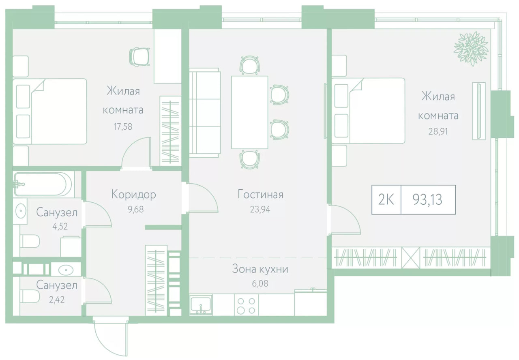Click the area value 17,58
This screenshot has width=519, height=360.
click(123, 127)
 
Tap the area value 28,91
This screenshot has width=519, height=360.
click(438, 132)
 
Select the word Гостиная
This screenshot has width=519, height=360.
click(260, 195)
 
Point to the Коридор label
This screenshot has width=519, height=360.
click(134, 195)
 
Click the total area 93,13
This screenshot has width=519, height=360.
click(427, 200)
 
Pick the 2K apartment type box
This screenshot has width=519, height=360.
click(386, 200)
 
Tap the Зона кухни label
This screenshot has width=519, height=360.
click(260, 269)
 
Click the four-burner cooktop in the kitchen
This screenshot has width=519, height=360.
click(246, 306)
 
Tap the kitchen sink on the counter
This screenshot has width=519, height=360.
click(201, 305)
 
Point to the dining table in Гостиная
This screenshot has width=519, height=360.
click(249, 112)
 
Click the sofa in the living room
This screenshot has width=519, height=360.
click(204, 113)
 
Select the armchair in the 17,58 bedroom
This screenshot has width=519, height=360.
click(139, 57)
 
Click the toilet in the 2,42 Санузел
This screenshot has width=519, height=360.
click(30, 296)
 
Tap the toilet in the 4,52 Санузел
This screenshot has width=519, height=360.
click(30, 241)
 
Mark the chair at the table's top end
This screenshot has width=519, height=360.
click(249, 65)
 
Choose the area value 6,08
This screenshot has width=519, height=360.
click(260, 283)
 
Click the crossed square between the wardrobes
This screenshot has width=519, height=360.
click(411, 258)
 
